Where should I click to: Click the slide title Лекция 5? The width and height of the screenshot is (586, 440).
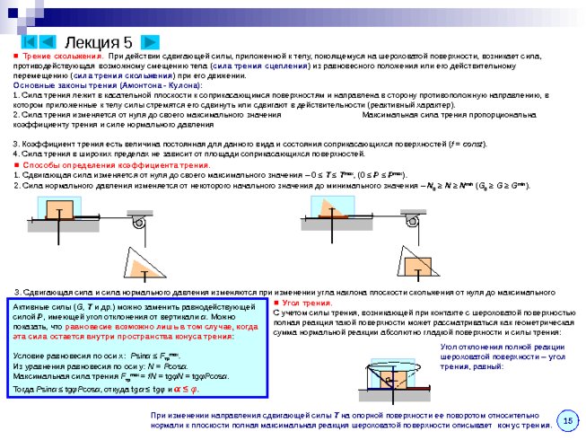[99, 41]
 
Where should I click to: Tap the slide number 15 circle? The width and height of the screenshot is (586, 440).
[566, 420]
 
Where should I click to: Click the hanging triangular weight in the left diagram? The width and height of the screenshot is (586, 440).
[144, 271]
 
